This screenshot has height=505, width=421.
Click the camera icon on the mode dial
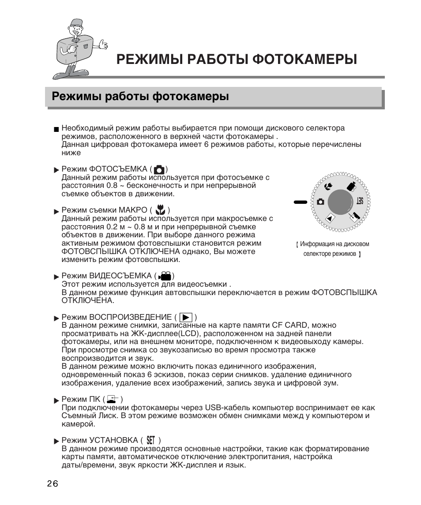point(320,202)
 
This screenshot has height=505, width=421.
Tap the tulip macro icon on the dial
point(328,187)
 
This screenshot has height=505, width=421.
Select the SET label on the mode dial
point(360,201)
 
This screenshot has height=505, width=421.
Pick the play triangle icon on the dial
point(329,217)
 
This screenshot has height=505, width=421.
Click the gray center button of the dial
point(340,202)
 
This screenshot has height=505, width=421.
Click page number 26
point(52,483)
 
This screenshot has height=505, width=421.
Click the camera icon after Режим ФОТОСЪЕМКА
point(160,170)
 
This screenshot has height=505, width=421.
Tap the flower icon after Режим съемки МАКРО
point(160,210)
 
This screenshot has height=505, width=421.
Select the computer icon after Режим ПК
point(113,400)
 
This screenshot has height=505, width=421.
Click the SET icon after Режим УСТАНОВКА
point(151,440)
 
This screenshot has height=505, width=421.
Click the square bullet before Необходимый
point(56,130)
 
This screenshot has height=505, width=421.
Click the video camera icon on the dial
point(351,187)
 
